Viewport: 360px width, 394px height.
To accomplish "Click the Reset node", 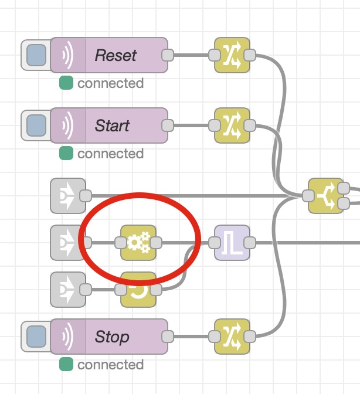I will pos(115,55).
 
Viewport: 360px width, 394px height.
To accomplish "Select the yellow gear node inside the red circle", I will pos(138,242).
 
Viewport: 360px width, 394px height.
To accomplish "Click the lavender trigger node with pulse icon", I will pos(232,242).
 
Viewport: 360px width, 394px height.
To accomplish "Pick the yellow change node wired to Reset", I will pos(232,55).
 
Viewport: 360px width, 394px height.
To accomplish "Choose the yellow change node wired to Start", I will pos(232,125).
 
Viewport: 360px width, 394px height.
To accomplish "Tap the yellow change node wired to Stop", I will pos(232,337).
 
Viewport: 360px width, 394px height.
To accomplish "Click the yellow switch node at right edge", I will pos(326,196).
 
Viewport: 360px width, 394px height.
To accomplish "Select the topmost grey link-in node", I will pos(67,196).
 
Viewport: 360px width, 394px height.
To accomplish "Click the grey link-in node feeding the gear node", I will pos(67,242).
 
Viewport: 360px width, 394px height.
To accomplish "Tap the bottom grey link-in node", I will pos(67,289).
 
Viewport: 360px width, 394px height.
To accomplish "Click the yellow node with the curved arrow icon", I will pos(138,289).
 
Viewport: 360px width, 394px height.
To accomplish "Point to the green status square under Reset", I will pos(66,83).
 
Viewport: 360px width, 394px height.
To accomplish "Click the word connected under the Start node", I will pos(110,154).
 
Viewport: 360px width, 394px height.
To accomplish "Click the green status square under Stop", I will pos(66,365).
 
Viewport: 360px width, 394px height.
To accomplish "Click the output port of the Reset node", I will pos(167,55).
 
